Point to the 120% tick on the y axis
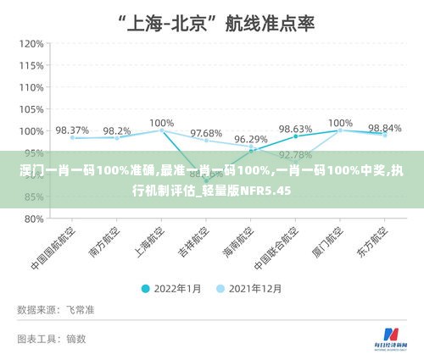coord(31,44)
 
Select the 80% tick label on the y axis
coord(33,219)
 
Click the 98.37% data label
coord(72,130)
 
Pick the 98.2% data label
coord(117,131)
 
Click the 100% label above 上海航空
coord(161,123)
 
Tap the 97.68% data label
coord(206,134)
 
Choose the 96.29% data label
coord(251,139)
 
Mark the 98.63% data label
coord(295,129)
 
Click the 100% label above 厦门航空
coord(340,123)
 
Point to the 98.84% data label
coord(384,128)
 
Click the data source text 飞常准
coord(82,311)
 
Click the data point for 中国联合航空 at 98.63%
coord(295,136)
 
